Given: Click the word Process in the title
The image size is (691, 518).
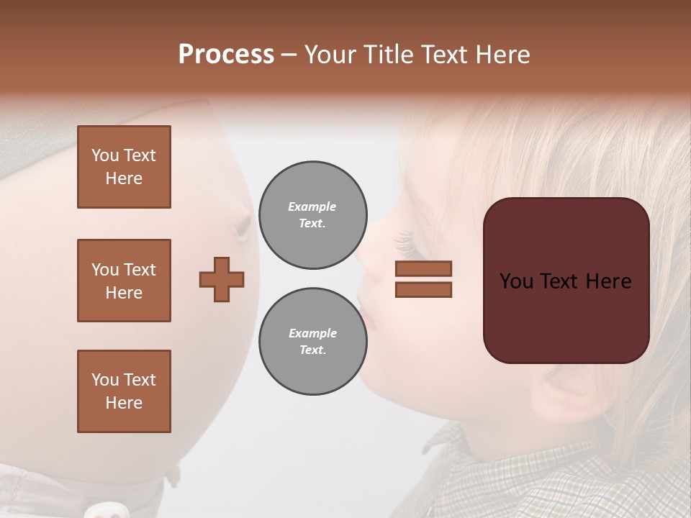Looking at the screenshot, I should [x=226, y=55].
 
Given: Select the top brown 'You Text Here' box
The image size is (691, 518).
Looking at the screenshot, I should [x=124, y=167].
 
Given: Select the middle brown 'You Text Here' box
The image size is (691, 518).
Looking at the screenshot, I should [x=124, y=281].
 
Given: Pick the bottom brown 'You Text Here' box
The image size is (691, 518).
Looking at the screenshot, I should [x=124, y=391].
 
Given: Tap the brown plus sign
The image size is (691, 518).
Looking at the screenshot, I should [x=222, y=279].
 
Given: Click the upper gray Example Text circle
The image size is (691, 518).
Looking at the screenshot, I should [x=312, y=215].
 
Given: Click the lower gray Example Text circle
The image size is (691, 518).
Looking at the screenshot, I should [x=312, y=342].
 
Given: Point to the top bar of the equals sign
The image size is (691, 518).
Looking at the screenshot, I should [x=423, y=269].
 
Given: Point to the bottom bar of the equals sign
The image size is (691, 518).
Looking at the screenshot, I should [x=423, y=290].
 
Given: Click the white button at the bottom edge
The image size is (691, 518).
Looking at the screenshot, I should [x=104, y=512].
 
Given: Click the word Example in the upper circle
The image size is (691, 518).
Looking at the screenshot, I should [x=312, y=206].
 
